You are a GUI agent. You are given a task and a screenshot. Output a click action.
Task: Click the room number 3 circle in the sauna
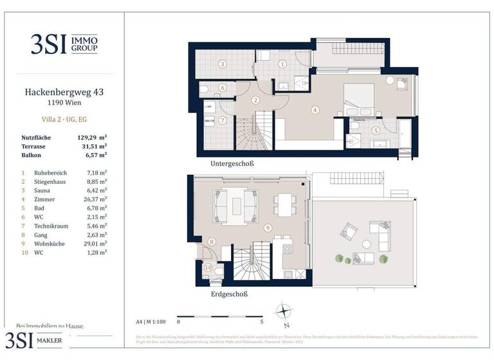pos(222,64)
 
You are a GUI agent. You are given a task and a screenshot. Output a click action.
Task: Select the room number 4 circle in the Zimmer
pos(315,110)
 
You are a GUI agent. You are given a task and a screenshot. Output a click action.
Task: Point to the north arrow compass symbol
pos(284,312)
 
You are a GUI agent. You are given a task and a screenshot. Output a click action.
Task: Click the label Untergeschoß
pos(232,164)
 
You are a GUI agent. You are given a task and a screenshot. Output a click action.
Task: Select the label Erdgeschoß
pos(229,294)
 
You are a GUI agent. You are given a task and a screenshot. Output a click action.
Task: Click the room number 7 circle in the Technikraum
pos(222,120)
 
